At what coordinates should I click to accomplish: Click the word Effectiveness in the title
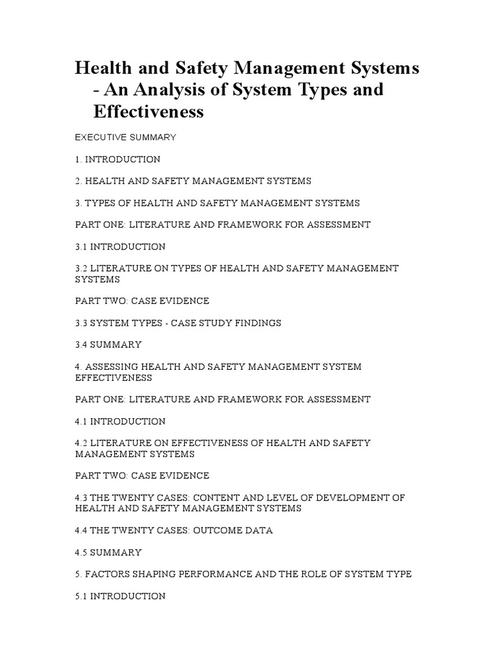point(149,111)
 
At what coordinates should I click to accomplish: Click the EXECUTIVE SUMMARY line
point(125,137)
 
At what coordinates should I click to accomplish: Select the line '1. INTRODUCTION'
point(118,159)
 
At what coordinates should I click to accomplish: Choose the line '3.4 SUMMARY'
point(108,345)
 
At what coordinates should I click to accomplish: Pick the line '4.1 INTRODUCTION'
point(120,421)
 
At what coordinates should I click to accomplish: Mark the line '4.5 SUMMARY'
point(108,553)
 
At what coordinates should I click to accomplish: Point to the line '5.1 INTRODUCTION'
point(120,596)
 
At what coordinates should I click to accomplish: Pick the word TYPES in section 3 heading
point(100,203)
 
